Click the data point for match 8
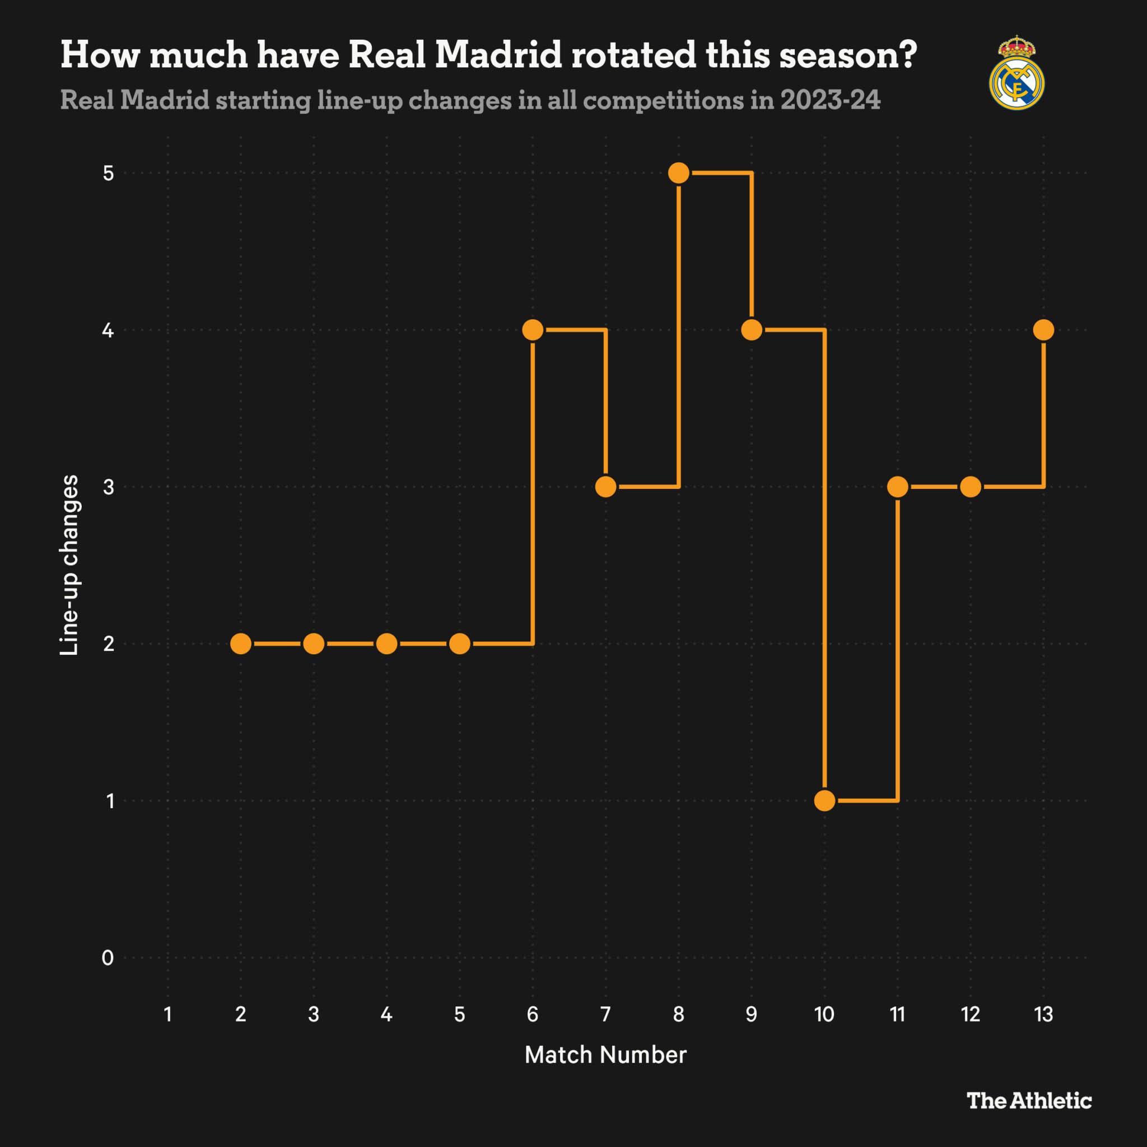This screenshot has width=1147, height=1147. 679,172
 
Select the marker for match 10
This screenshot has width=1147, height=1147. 824,800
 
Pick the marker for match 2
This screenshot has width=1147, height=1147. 240,644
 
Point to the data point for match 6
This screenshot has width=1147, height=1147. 533,329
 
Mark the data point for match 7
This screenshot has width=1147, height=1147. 605,487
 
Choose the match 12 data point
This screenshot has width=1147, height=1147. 971,487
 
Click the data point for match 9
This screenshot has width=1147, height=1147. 752,329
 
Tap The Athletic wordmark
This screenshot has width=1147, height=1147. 1029,1101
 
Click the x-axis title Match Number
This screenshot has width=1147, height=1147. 605,1055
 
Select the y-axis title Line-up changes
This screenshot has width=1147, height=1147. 69,565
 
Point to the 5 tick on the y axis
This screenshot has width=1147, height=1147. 108,174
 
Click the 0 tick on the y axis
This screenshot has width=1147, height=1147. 108,958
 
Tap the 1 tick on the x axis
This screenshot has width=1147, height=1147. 168,1014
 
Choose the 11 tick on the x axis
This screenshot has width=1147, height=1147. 898,1014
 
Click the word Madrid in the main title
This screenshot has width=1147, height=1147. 498,55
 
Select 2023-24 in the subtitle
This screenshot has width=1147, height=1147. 830,100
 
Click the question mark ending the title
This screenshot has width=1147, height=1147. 907,55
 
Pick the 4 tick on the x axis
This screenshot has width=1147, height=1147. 386,1014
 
